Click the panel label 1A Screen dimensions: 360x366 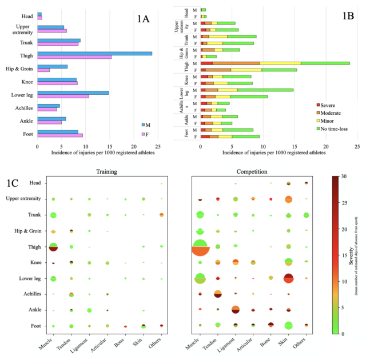coord(143,18)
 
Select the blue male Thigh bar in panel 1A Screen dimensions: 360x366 coord(94,53)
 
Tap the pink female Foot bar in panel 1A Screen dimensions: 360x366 coord(60,135)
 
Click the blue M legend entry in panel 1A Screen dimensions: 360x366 coord(144,124)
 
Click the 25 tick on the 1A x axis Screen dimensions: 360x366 coord(157,146)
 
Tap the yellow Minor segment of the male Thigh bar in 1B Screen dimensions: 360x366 coord(280,63)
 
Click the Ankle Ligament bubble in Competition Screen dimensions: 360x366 coord(235,310)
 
